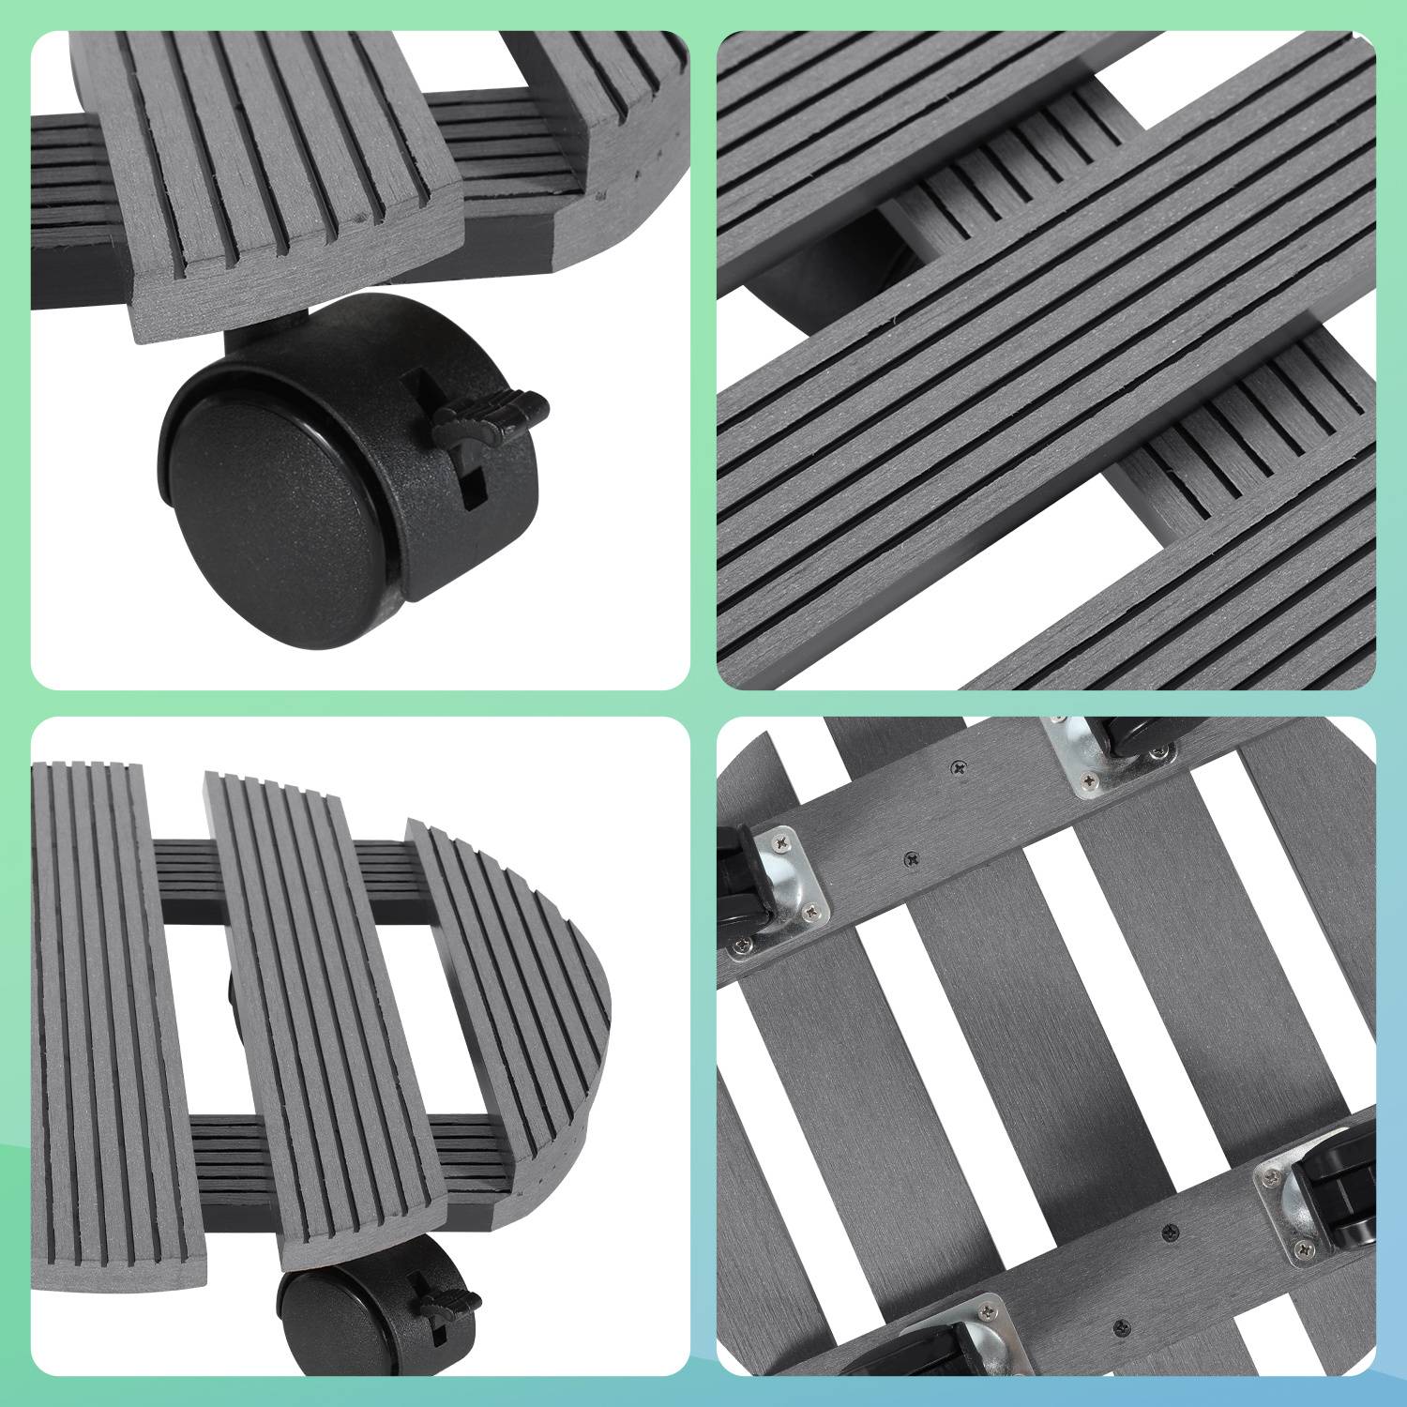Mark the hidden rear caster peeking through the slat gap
coord(230,994)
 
